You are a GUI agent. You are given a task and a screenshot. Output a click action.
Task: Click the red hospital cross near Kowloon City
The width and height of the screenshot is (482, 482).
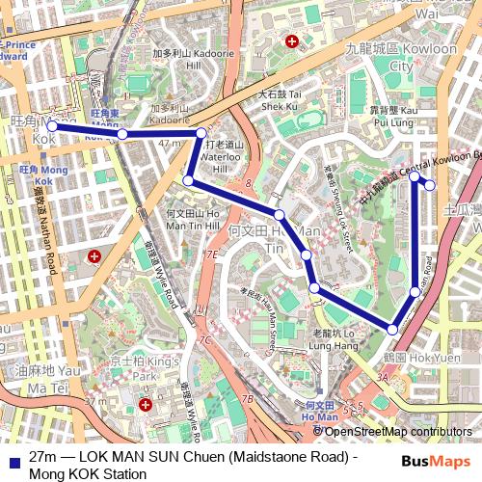[293, 41]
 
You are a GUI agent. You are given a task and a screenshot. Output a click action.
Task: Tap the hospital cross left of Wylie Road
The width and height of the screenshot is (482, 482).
[94, 256]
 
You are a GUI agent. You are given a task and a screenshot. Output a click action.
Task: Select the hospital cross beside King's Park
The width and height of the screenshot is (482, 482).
[146, 405]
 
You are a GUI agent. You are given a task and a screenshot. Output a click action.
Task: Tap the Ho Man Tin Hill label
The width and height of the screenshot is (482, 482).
[193, 218]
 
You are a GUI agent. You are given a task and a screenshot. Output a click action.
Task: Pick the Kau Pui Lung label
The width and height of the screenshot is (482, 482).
[392, 117]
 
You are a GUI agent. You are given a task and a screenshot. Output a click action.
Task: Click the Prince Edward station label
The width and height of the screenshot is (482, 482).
[21, 49]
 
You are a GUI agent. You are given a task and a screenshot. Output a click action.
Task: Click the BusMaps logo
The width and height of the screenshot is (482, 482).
[435, 461]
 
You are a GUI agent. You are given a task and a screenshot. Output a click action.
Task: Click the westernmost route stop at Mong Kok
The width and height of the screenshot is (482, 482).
[52, 126]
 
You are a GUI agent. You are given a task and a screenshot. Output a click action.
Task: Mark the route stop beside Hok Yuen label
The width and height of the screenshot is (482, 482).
[392, 330]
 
